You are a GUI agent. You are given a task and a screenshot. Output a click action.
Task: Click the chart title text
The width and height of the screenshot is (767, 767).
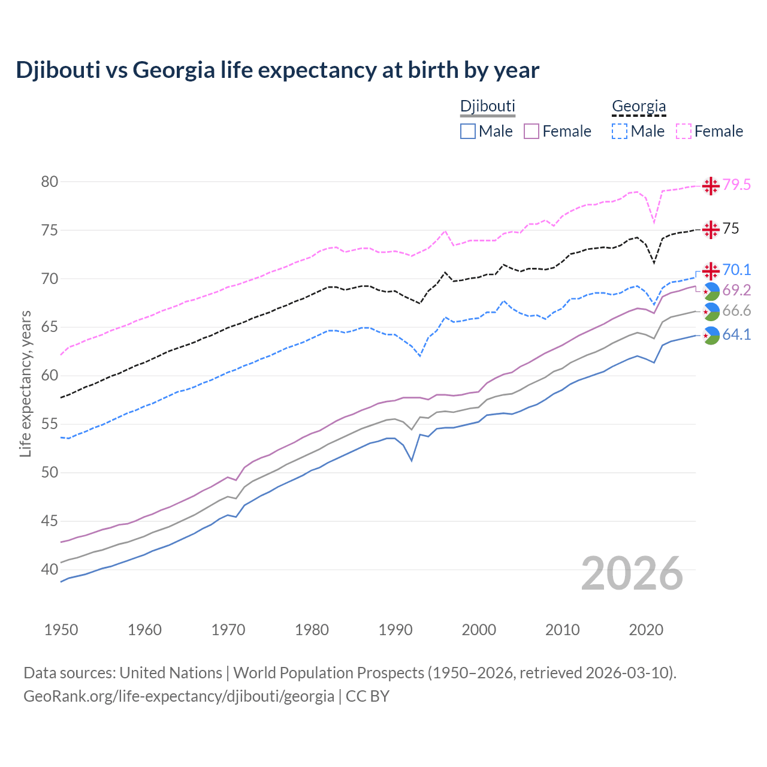[x=277, y=70]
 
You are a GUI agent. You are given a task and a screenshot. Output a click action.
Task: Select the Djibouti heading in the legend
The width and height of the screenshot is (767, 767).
[x=487, y=106]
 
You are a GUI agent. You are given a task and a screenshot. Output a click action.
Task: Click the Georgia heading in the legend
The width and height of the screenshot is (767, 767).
[x=639, y=106]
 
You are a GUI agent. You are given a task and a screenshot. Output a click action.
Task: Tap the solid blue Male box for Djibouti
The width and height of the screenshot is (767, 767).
[x=468, y=131]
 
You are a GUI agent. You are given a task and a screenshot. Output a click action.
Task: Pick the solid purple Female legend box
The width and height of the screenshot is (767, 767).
[x=532, y=131]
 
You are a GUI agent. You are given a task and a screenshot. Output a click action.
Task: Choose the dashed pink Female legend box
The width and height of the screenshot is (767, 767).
[x=684, y=131]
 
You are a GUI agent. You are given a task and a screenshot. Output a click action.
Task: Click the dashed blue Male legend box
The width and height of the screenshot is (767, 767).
[x=620, y=131]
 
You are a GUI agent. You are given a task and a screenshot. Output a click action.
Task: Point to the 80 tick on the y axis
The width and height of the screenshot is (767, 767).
[x=49, y=182]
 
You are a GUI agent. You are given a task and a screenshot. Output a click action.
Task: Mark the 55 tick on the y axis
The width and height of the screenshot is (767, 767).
[x=49, y=424]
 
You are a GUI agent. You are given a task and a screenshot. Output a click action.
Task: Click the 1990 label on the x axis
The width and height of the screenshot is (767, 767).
[x=395, y=630]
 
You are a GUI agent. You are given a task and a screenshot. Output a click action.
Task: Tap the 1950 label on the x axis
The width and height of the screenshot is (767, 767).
[x=61, y=630]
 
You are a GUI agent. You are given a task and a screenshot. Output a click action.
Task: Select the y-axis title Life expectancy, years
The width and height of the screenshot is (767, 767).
[x=25, y=383]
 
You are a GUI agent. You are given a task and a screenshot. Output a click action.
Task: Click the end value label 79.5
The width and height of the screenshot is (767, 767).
[x=736, y=185]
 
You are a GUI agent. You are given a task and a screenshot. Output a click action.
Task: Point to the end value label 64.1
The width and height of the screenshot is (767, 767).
[x=736, y=335]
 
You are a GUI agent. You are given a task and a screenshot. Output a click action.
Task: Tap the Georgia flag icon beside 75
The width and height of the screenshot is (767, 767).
[x=711, y=230]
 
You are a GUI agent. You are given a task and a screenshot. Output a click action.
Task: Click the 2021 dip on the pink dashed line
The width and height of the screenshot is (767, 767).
[x=654, y=223]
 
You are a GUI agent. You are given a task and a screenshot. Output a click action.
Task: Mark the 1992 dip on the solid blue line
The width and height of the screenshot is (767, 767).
[x=412, y=460]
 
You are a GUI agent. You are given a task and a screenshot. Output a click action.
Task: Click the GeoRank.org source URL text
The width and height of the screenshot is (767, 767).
[x=179, y=696]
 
